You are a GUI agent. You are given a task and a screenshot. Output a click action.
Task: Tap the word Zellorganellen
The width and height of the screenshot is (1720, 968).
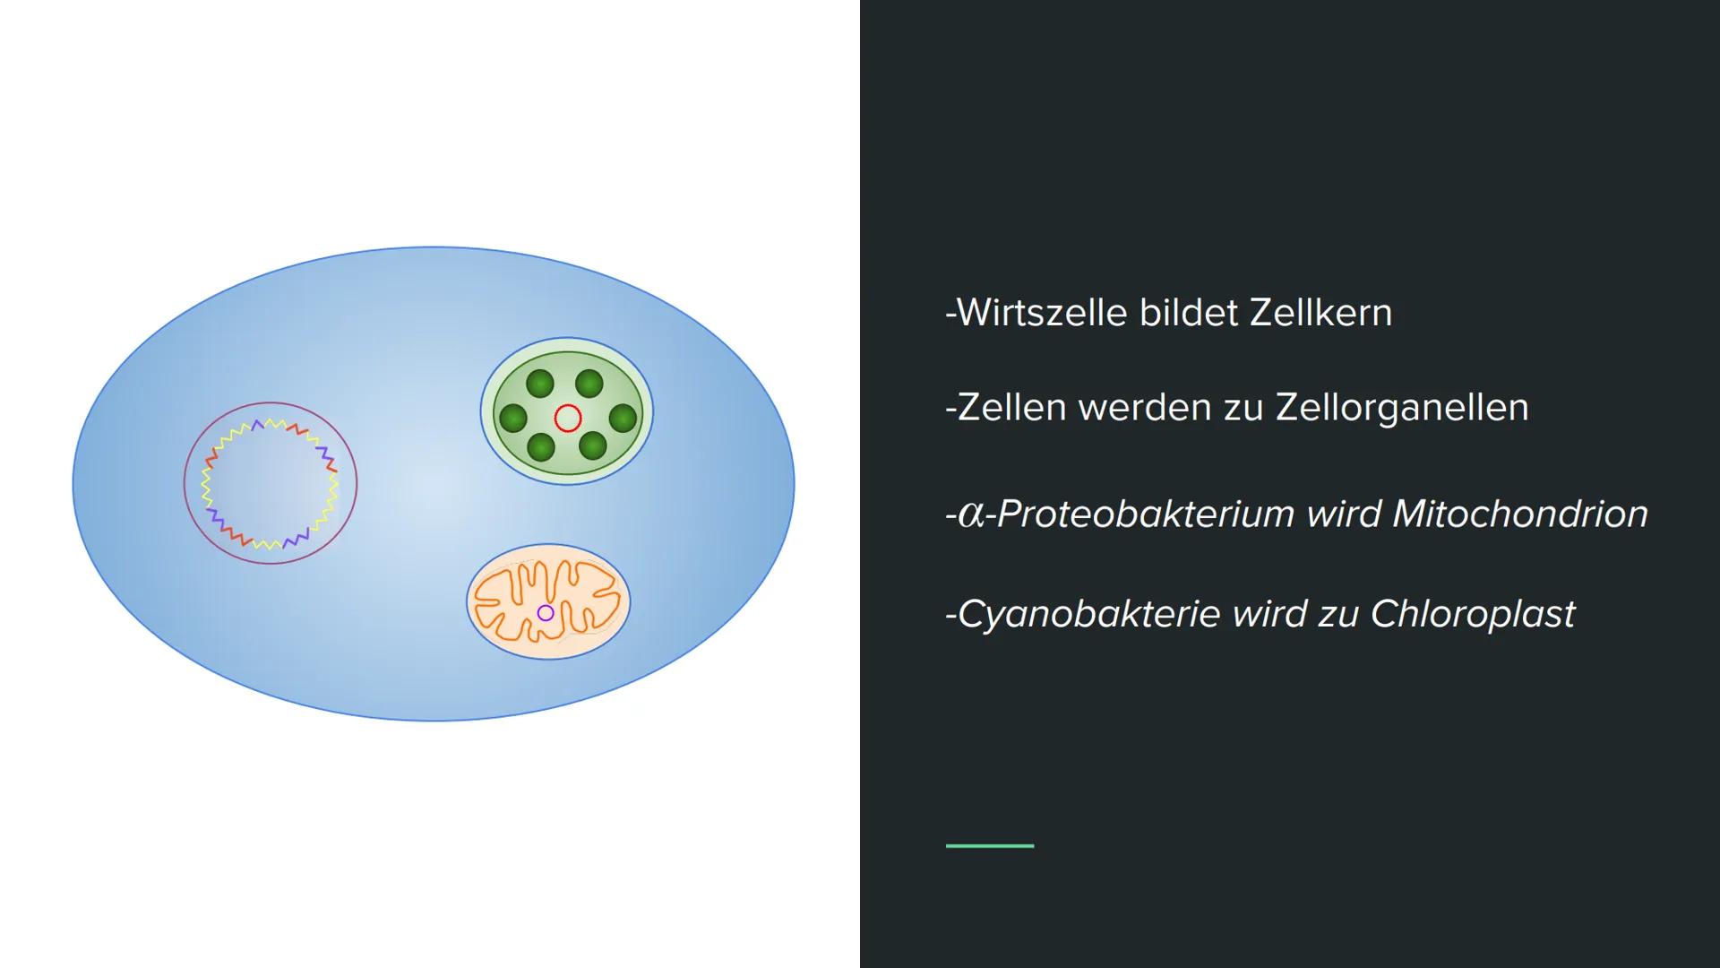(1402, 409)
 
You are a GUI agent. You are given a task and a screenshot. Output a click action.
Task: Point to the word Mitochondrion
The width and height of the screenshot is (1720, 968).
(1520, 514)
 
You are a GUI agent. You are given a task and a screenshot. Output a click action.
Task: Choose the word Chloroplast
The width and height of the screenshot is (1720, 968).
(1473, 615)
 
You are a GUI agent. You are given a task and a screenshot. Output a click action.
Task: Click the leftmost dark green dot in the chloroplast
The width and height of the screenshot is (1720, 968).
(513, 418)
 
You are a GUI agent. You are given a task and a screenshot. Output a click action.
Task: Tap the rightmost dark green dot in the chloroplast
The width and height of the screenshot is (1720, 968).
(623, 418)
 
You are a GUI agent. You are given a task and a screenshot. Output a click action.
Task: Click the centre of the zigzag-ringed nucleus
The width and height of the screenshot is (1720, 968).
(271, 483)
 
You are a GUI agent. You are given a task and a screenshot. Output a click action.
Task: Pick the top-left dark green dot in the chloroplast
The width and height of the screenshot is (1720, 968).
(540, 384)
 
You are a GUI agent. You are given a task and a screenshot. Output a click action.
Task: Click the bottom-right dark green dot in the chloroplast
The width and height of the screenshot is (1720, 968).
(592, 445)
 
